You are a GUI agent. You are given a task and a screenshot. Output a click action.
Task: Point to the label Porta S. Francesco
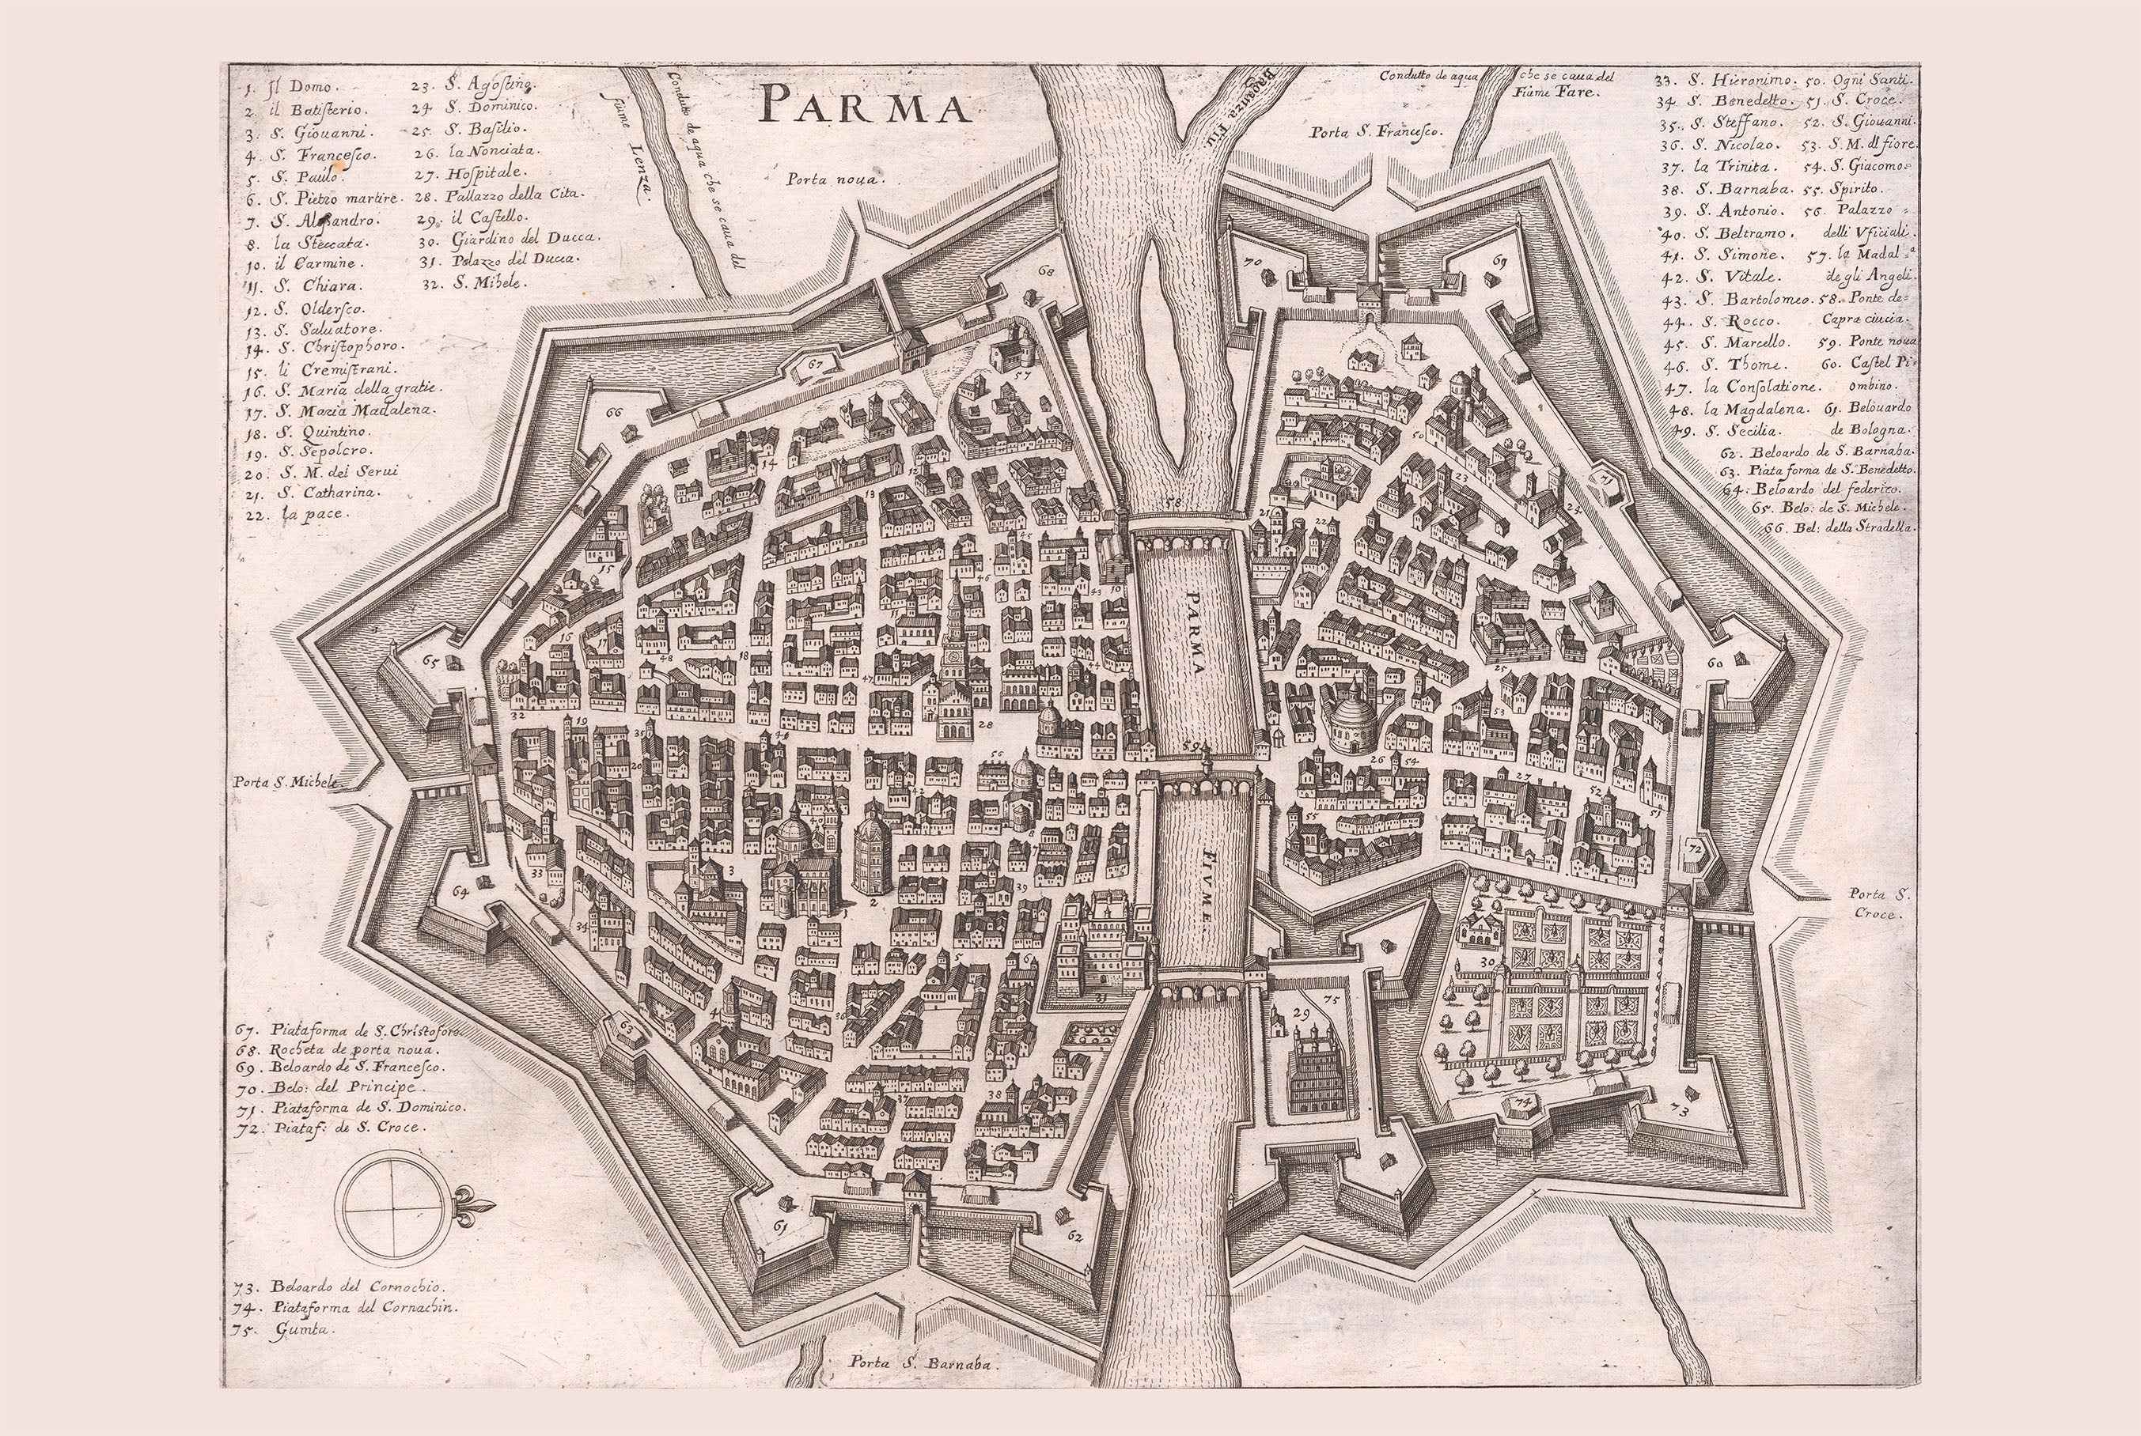pos(1376,132)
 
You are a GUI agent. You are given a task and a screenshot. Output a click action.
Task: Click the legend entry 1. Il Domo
pos(291,88)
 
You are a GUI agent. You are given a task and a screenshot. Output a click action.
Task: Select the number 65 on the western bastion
pos(430,660)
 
